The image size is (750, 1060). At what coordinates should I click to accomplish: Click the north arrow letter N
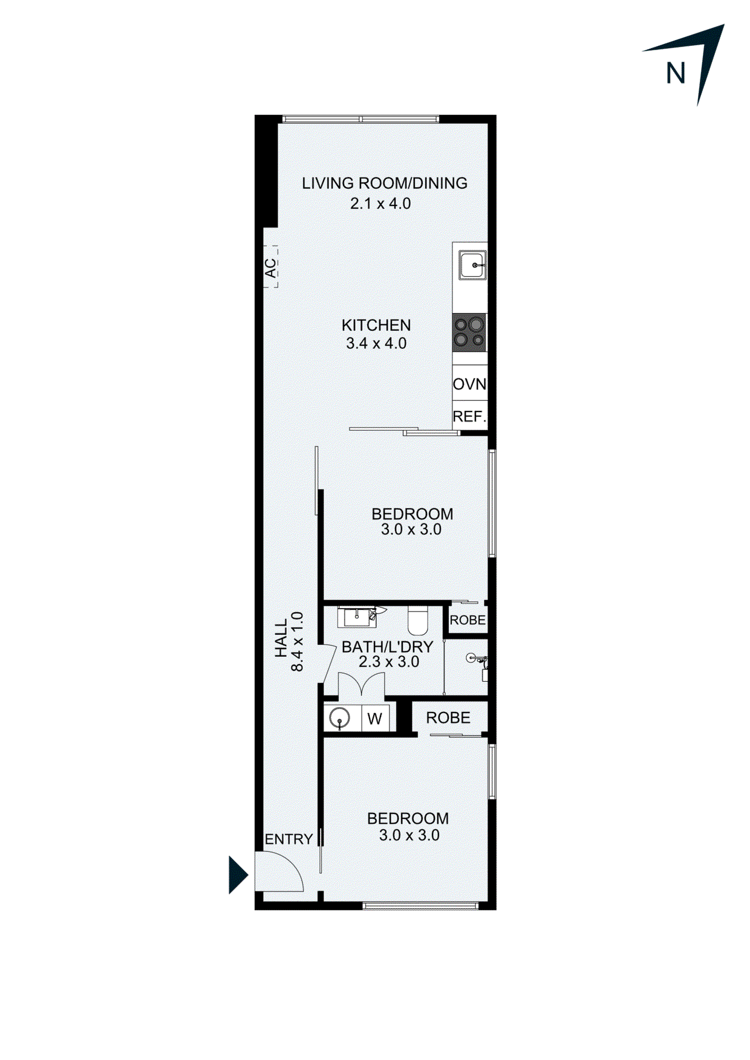(675, 73)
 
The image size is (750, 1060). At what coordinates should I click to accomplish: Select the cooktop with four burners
(469, 332)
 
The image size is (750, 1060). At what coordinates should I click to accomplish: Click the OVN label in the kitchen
(469, 384)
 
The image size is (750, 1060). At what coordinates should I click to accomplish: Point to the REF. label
(469, 416)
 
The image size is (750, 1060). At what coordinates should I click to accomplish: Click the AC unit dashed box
(270, 267)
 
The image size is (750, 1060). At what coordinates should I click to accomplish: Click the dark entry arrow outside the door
(237, 874)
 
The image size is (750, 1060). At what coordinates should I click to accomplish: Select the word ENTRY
(289, 839)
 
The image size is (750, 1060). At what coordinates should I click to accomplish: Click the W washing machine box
(374, 719)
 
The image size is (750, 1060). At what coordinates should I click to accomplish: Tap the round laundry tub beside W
(340, 719)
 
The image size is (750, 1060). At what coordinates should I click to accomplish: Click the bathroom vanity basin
(357, 616)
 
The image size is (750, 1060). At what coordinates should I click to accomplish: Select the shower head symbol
(474, 658)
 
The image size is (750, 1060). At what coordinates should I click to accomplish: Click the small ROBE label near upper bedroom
(467, 620)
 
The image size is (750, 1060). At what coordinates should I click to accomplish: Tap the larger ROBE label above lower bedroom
(448, 718)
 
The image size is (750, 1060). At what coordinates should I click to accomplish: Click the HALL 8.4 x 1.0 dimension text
(289, 642)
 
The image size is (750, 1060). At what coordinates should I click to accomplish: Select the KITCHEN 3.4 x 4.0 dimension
(376, 343)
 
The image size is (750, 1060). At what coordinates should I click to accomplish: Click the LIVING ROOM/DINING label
(384, 183)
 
